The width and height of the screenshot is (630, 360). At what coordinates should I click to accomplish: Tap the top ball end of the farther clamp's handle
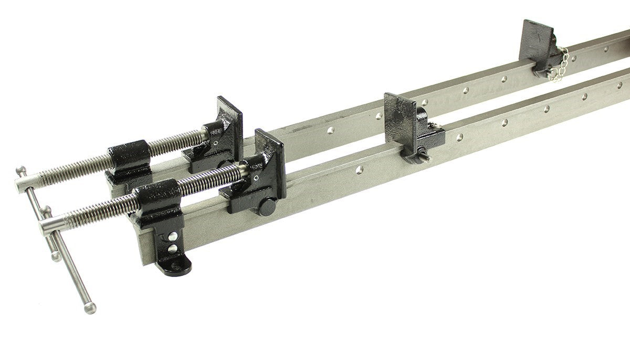coord(19,170)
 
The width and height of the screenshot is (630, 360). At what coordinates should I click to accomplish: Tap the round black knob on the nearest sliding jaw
coord(267,206)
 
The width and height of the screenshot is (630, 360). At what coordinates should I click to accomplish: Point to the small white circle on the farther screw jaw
coord(215,141)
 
